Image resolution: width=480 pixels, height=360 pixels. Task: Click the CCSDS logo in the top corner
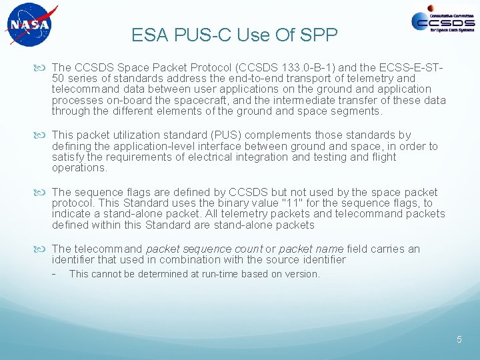point(443,21)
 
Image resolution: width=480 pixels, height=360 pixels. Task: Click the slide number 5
point(459,339)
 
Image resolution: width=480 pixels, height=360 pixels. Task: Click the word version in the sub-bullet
point(302,274)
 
